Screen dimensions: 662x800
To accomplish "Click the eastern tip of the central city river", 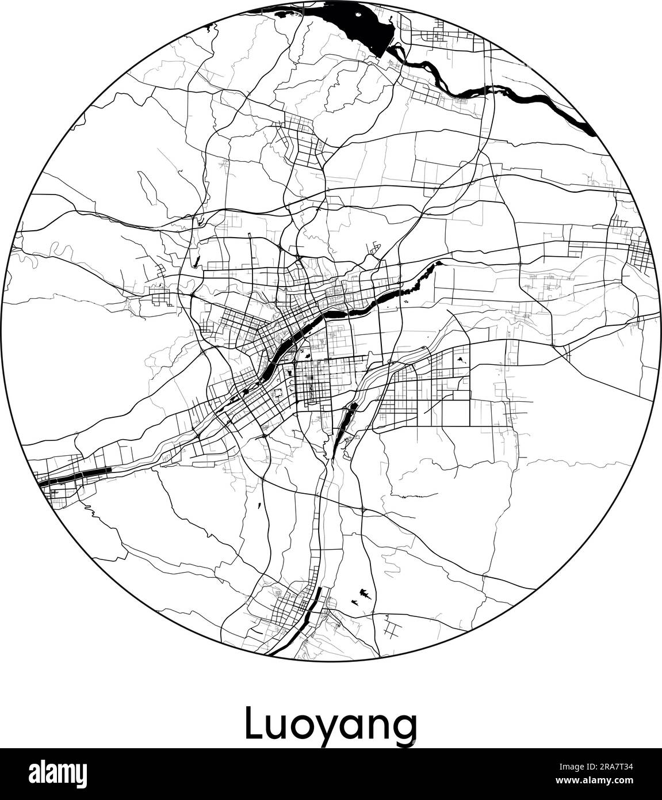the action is point(440,262).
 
